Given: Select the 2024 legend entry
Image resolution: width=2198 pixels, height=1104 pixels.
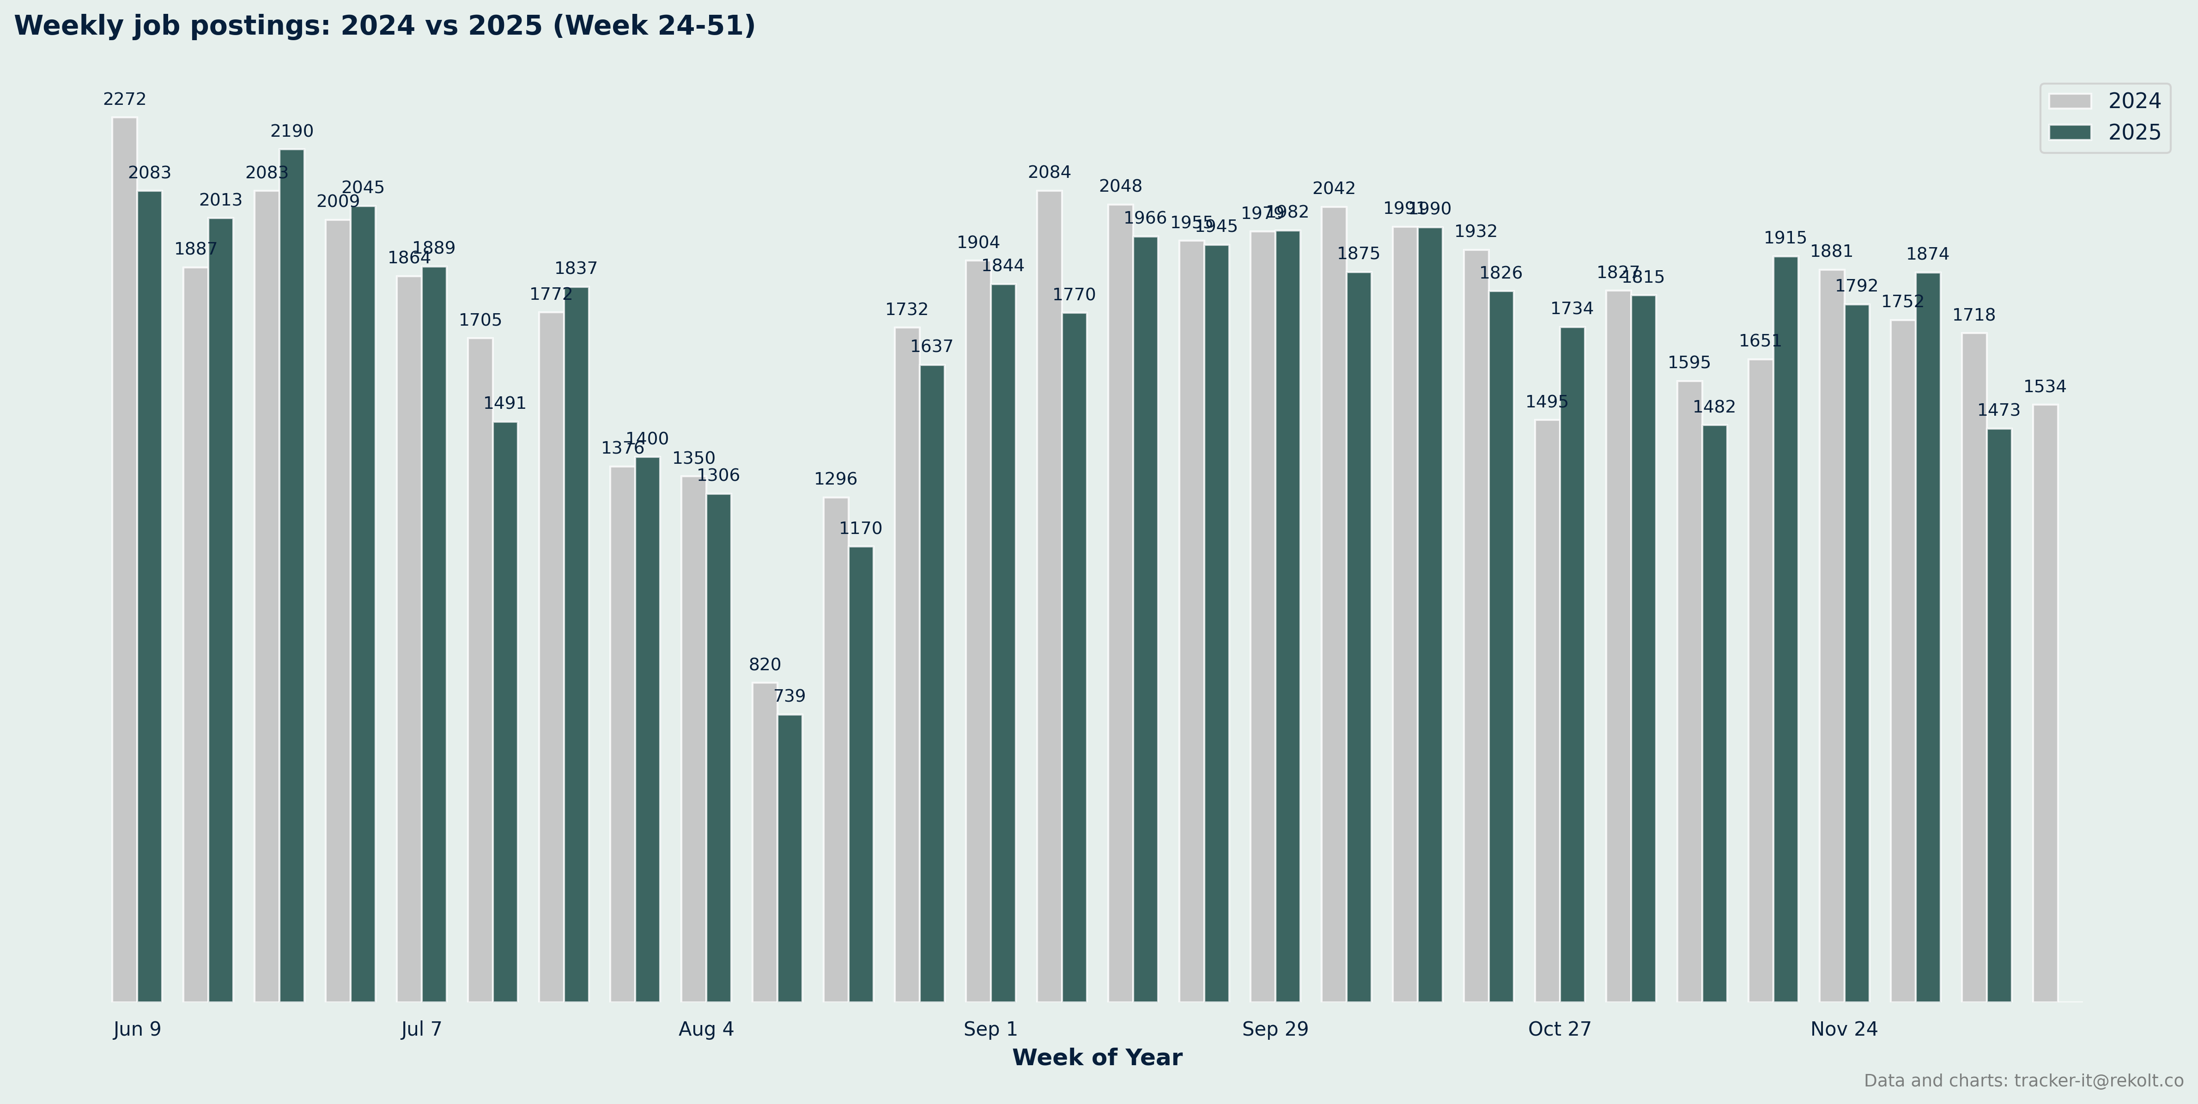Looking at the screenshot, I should tap(2104, 101).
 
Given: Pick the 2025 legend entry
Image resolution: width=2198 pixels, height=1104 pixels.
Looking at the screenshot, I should tap(2104, 132).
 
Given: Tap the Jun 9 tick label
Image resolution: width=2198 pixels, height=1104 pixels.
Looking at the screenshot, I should tap(137, 1029).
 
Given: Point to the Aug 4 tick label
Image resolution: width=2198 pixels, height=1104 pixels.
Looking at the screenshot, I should tap(706, 1029).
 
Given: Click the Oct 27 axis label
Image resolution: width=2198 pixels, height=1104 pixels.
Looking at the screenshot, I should tap(1560, 1029).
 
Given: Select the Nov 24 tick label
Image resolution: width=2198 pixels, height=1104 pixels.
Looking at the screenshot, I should tap(1844, 1029).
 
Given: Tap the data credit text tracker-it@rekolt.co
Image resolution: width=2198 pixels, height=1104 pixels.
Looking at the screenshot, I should tap(2023, 1081).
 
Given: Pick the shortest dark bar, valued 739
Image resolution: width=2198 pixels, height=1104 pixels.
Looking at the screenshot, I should tap(789, 857).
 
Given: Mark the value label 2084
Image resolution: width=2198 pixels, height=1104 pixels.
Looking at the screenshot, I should tap(1050, 172).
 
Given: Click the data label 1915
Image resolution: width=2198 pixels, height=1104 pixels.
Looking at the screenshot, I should tap(1785, 238).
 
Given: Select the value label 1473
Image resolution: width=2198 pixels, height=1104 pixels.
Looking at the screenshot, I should tap(1998, 410).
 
